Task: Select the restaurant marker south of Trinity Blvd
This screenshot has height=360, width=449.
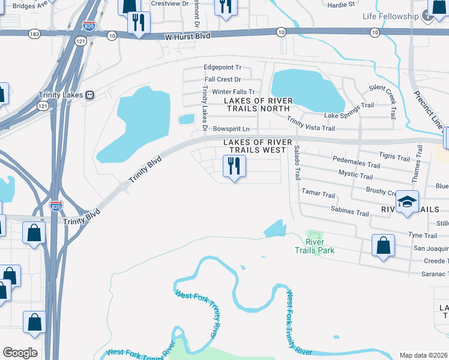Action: [233, 166]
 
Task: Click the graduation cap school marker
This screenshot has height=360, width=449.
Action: [407, 202]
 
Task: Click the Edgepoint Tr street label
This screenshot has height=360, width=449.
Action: [222, 68]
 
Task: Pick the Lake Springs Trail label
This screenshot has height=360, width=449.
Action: [349, 110]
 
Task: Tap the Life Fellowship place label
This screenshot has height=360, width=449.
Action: [390, 16]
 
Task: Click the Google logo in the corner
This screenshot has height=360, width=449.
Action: [20, 353]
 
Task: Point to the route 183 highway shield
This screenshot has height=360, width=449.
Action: [34, 35]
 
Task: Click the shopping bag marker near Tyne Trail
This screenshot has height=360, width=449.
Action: [383, 245]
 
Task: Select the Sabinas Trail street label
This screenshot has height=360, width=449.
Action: [349, 210]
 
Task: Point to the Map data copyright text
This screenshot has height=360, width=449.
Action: [424, 355]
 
